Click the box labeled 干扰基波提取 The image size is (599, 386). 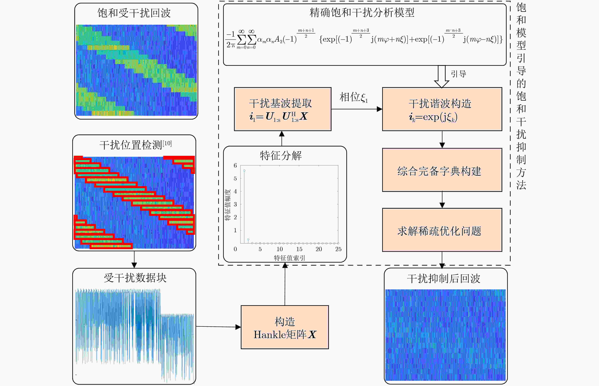coord(283,109)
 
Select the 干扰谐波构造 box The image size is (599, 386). coord(442,109)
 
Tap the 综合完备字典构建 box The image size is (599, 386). coord(442,170)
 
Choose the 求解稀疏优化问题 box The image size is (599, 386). coord(442,230)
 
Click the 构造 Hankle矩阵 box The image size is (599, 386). coord(285,327)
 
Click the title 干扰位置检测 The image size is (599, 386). coord(131,145)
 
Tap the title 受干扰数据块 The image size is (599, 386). coord(135,278)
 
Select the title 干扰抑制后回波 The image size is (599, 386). coord(444,278)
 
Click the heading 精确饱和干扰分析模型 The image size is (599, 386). coord(362,12)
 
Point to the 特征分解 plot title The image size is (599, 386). coord(281,155)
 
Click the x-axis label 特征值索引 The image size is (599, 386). coord(289,258)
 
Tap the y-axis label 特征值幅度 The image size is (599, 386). coord(228,205)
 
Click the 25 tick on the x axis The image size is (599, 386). coord(338,249)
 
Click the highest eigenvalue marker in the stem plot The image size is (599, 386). coord(244,170)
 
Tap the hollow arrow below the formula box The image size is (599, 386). coord(441,77)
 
